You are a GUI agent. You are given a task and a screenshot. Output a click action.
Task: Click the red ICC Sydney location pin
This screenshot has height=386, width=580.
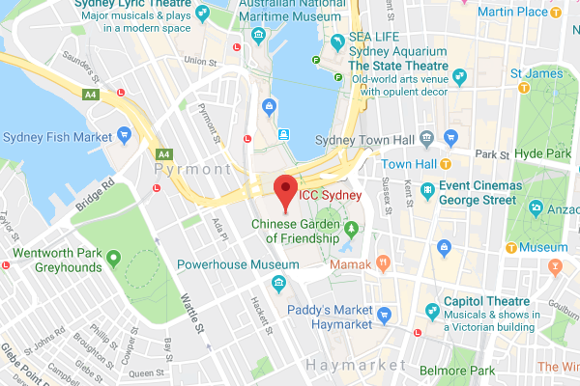pos(284,191)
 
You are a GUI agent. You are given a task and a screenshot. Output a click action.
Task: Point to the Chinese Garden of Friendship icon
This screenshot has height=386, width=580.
pos(351,230)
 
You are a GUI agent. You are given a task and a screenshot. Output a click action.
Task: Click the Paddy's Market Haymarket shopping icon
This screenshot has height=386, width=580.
pos(384,315)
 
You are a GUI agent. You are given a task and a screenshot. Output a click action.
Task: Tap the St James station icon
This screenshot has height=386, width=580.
pos(524,87)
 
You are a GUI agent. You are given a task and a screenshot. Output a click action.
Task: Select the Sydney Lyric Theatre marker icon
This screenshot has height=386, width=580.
pos(201,14)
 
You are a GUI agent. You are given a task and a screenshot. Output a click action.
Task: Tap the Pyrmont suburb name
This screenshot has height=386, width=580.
pos(193,169)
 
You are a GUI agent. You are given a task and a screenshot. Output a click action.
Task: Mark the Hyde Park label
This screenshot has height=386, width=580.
pos(542,153)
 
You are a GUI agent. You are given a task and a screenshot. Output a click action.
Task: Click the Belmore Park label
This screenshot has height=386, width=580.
pos(457,370)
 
